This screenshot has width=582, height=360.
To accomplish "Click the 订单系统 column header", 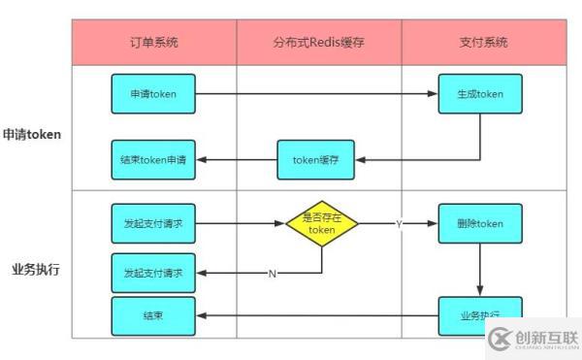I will click(153, 43).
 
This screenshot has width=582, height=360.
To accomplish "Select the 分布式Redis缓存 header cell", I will click(318, 43).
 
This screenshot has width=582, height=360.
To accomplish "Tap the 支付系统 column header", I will click(482, 43).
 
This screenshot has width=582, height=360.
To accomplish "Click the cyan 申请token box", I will click(153, 94).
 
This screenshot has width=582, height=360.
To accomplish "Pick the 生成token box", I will click(480, 94).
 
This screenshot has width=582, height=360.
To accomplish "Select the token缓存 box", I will click(317, 160).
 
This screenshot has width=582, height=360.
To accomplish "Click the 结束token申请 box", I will click(153, 160).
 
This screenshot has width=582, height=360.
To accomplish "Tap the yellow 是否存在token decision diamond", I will click(321, 224).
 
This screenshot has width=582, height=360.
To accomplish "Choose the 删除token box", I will click(480, 224).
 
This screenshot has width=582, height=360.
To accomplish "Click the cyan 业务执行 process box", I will click(480, 316).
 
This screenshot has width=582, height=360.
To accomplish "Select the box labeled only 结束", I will click(153, 316).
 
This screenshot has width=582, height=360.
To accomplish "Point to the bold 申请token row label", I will click(32, 135).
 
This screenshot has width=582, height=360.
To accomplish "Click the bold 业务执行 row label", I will click(36, 269).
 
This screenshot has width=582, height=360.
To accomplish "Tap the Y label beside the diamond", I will click(398, 224).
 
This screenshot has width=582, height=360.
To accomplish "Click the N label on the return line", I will click(272, 274).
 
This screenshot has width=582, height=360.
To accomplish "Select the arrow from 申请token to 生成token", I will click(315, 94).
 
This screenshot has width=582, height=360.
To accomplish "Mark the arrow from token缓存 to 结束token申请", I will click(238, 160).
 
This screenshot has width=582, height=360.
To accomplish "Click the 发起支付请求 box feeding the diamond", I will click(153, 224).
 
